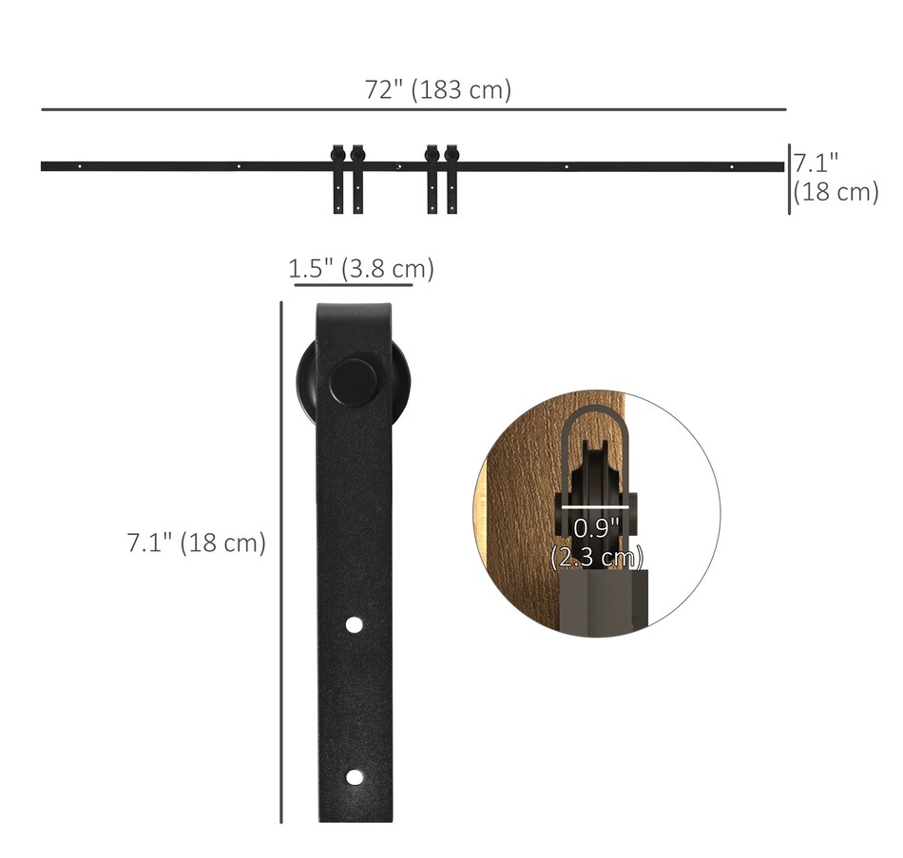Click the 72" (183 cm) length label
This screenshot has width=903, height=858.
pyautogui.click(x=438, y=90)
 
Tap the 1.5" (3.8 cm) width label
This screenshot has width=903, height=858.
pyautogui.click(x=361, y=269)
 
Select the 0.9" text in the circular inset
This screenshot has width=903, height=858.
pyautogui.click(x=596, y=529)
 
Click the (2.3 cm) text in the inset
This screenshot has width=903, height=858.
pyautogui.click(x=597, y=557)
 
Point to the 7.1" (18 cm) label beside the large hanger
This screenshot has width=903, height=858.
pyautogui.click(x=197, y=543)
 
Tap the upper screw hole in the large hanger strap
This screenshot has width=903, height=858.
pyautogui.click(x=354, y=625)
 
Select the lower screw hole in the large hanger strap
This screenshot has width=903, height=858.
pyautogui.click(x=354, y=777)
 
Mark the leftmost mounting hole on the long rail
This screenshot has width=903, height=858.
pyautogui.click(x=80, y=166)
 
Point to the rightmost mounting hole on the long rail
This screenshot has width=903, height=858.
pyautogui.click(x=732, y=167)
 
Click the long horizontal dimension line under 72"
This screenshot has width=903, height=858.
pyautogui.click(x=413, y=110)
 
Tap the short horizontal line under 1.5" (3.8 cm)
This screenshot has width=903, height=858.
pyautogui.click(x=353, y=284)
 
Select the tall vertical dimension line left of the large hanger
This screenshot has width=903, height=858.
pyautogui.click(x=281, y=561)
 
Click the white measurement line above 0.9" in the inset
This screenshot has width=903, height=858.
pyautogui.click(x=597, y=506)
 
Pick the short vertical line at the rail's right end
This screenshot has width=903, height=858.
pyautogui.click(x=789, y=179)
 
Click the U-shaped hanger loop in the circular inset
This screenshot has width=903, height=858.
pyautogui.click(x=592, y=428)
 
